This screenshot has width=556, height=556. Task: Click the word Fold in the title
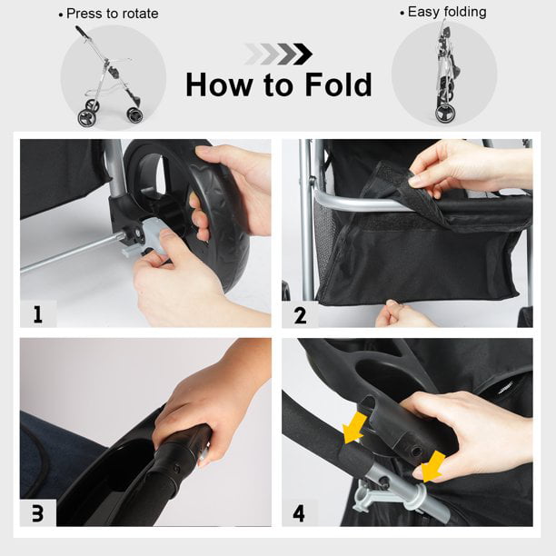click(338, 84)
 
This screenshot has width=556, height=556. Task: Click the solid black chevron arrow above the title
click(303, 55)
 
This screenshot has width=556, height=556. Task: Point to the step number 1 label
click(37, 313)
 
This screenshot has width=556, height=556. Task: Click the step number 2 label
click(300, 315)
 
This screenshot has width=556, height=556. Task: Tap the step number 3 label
click(37, 513)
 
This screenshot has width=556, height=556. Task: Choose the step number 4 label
click(299, 513)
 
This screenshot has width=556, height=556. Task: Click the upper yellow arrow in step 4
click(355, 428)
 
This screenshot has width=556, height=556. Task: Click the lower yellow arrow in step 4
click(433, 467)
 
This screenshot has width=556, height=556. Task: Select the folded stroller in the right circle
click(444, 71)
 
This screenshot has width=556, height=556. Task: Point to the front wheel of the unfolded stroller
click(134, 114)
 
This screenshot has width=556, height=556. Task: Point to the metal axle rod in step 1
click(71, 253)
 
